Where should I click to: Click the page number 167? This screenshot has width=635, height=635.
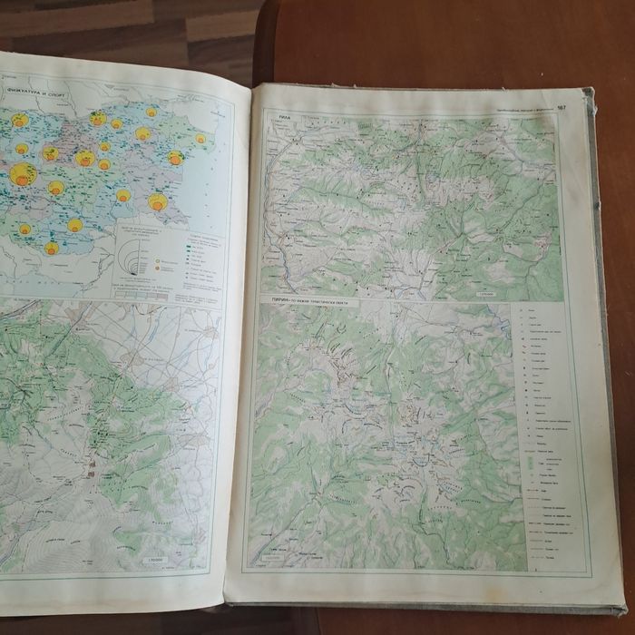[562, 107]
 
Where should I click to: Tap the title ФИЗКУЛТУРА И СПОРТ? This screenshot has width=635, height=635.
[32, 91]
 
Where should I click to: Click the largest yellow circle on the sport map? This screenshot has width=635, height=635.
[23, 174]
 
